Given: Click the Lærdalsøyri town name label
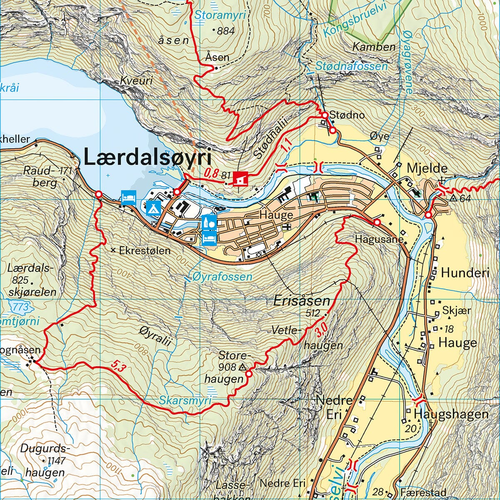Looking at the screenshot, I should coord(147,158).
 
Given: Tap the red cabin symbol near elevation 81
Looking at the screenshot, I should coord(241,179).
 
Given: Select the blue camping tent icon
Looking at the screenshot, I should coord(153,207).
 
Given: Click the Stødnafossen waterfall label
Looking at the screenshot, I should coord(351,66).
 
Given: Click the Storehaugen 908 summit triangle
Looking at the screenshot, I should coord(242,367).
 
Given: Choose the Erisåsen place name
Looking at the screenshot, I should coord(302,301).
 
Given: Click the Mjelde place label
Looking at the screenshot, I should coord(427,169).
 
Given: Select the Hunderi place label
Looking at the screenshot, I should coord(465,273).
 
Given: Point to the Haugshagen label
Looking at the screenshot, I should coord(451,414).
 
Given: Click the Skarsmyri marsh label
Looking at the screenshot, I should coord(185,400).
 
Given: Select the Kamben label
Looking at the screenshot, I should coord(374,47).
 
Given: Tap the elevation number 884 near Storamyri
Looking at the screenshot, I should coord(225,30).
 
